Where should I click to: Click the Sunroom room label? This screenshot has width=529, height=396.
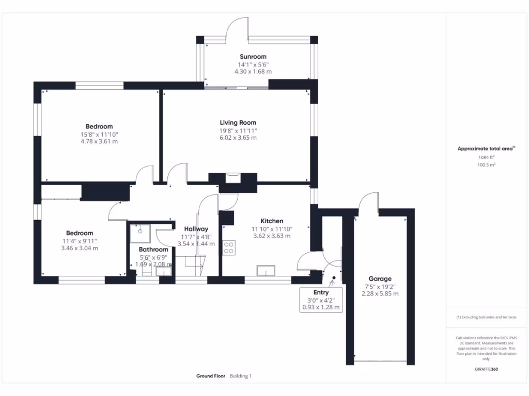pyautogui.click(x=253, y=57)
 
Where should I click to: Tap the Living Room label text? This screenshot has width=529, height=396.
pyautogui.click(x=238, y=123)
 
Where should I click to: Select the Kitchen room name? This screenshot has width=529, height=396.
pyautogui.click(x=272, y=221)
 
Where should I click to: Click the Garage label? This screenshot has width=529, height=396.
pyautogui.click(x=380, y=279)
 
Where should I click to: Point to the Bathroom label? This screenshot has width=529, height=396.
pyautogui.click(x=153, y=250)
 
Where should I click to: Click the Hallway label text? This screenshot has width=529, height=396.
pyautogui.click(x=196, y=229)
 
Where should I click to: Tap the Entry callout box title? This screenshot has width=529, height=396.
pyautogui.click(x=321, y=292)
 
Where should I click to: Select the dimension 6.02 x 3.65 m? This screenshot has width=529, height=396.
pyautogui.click(x=238, y=138)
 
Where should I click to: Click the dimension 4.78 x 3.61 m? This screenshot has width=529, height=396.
pyautogui.click(x=99, y=141)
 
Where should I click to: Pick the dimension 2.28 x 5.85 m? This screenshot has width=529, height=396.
pyautogui.click(x=380, y=293)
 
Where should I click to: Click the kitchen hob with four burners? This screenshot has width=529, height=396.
pyautogui.click(x=229, y=247)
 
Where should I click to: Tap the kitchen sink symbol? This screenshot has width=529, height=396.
pyautogui.click(x=266, y=270)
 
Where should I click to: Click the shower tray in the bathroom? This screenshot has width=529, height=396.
pyautogui.click(x=140, y=234)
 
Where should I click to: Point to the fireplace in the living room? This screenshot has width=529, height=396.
pyautogui.click(x=233, y=178)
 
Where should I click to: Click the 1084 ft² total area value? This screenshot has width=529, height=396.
pyautogui.click(x=486, y=157)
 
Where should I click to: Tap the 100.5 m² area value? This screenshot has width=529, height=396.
pyautogui.click(x=486, y=164)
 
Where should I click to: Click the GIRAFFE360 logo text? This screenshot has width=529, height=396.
pyautogui.click(x=486, y=369)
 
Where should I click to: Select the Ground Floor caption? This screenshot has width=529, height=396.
pyautogui.click(x=211, y=376)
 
